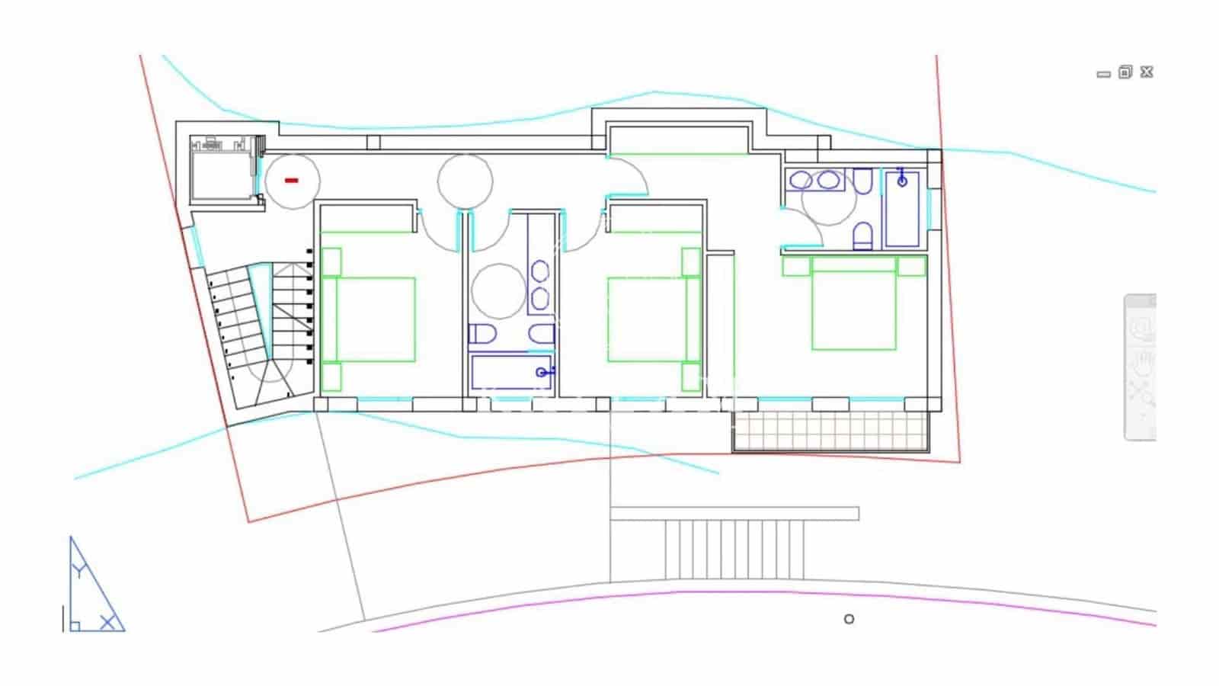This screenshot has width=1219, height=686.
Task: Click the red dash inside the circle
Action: click(291, 181)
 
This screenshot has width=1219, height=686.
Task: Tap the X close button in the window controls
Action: click(1147, 72)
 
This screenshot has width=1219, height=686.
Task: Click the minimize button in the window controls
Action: click(1103, 75)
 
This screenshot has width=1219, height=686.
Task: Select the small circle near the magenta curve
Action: click(849, 619)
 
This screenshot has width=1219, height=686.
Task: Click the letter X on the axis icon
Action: click(108, 623)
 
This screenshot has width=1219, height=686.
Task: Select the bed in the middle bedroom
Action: click(646, 319)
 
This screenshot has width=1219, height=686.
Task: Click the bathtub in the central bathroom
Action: click(510, 372)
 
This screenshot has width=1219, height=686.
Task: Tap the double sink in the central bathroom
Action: click(540, 284)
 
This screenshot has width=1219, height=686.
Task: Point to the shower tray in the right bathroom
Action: click(902, 209)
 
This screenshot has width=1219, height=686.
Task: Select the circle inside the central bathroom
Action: click(498, 290)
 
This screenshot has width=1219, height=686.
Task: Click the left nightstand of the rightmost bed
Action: click(795, 266)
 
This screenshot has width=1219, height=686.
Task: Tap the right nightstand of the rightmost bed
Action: click(911, 266)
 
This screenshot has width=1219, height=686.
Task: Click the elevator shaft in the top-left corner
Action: click(220, 175)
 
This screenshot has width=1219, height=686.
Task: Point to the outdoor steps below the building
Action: click(734, 550)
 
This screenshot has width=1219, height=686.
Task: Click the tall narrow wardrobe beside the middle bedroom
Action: click(720, 324)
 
